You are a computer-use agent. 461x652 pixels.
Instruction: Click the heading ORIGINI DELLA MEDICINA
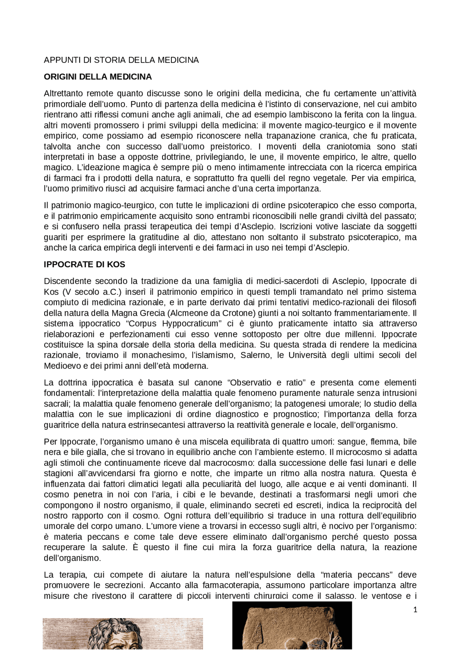98,77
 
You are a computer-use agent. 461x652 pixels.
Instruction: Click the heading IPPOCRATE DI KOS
84,264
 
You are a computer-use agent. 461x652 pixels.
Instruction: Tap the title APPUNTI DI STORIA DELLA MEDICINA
121,60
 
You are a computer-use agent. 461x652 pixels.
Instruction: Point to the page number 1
415,610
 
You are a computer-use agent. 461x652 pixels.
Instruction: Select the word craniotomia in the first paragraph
348,147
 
